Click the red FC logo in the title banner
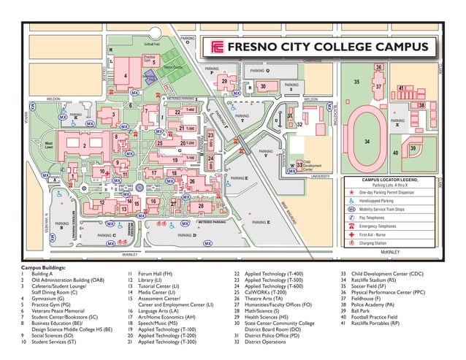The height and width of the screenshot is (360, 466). tap(216, 47)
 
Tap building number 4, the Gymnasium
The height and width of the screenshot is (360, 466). tap(126, 75)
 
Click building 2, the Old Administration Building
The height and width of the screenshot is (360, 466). tap(85, 145)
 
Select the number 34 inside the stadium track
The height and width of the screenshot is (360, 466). tap(367, 142)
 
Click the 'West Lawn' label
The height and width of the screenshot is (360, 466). tap(49, 145)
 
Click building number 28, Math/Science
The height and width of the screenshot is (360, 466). tap(201, 207)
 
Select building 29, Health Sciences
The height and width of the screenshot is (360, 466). tap(224, 81)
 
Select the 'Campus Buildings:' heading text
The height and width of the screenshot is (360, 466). tap(43, 268)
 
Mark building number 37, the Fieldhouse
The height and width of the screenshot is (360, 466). tap(378, 86)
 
